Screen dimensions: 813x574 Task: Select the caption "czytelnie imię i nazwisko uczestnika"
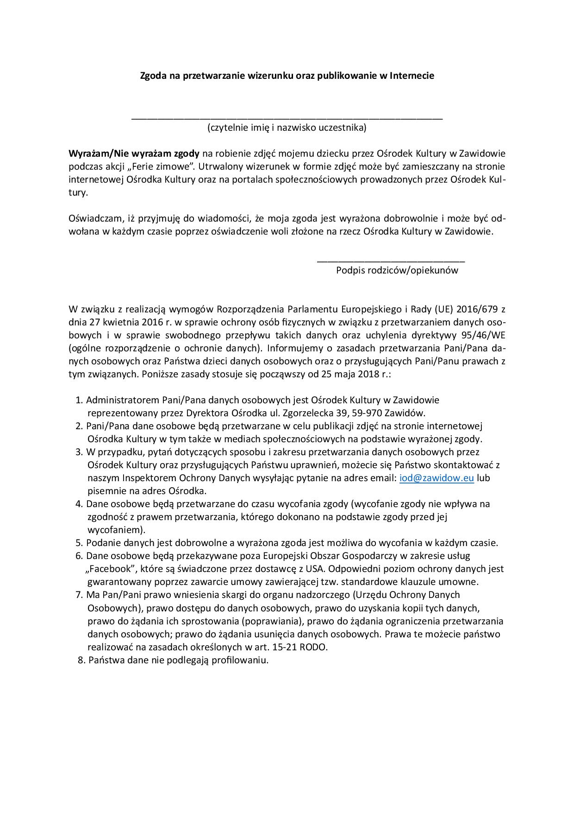pos(287,127)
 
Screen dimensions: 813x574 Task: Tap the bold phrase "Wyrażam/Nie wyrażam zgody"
pos(134,153)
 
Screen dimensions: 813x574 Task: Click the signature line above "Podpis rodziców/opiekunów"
pos(391,262)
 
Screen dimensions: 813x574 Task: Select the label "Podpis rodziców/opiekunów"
pos(397,270)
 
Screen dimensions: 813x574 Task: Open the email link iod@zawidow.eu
pos(437,478)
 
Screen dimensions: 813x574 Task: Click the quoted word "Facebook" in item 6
pos(109,569)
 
